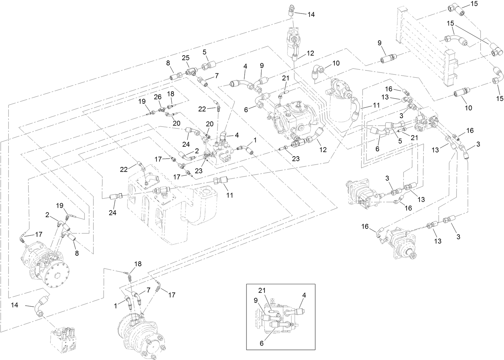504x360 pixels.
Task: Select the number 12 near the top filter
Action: tap(310, 53)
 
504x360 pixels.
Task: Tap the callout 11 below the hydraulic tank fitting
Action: tap(230, 195)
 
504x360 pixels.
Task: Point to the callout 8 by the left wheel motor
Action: tap(76, 253)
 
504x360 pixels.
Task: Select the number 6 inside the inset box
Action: tap(262, 343)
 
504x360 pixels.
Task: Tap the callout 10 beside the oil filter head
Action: tap(336, 64)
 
